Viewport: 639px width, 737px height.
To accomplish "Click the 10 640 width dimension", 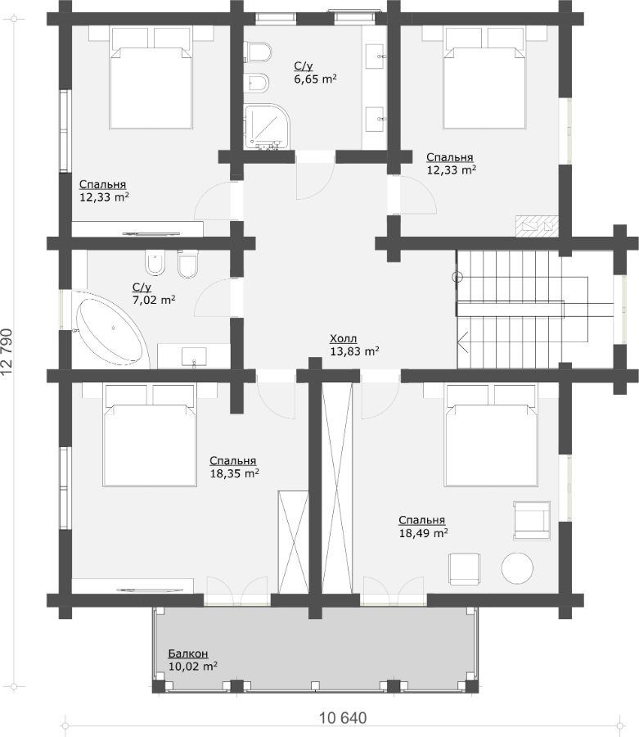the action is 343,718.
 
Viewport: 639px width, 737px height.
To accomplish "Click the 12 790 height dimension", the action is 7,351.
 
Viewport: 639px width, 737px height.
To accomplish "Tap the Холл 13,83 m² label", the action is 354,345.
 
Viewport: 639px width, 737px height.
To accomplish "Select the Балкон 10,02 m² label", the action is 192,660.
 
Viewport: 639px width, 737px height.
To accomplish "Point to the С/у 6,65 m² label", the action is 315,72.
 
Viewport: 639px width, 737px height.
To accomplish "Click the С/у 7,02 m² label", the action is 154,293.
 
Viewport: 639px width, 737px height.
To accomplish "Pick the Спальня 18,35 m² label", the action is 234,468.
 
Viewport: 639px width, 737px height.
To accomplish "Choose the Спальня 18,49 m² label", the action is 423,527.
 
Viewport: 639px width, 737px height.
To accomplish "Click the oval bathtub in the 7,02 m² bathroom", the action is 110,331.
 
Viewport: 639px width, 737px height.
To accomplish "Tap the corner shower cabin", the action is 266,126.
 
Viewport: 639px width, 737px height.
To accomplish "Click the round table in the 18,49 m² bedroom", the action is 517,567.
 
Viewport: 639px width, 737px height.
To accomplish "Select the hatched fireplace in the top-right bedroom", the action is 537,226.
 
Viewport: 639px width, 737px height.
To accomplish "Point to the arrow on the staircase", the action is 463,342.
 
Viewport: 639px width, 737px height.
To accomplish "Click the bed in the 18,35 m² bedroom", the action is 150,436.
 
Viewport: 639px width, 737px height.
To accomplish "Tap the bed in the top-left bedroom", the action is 151,78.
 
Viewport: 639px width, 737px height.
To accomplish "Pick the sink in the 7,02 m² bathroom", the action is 194,356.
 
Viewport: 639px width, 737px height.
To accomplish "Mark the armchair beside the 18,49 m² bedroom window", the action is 532,520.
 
